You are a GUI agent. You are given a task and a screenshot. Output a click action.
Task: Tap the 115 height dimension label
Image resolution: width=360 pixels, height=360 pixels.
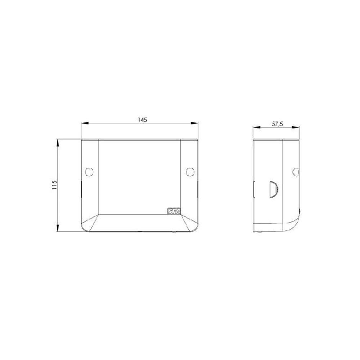tap(54, 185)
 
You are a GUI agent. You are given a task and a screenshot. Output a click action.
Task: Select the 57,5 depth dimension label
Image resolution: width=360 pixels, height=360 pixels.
tap(277, 123)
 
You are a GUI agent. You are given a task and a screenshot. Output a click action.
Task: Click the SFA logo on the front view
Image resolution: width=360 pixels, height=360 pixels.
tap(173, 212)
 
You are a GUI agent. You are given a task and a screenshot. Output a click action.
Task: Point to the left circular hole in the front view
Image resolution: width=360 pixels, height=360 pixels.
tap(89, 172)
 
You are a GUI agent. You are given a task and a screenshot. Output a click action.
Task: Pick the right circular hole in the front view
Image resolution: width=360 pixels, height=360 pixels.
tap(190, 172)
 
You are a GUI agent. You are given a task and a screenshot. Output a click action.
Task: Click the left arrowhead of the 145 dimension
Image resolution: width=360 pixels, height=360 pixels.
tap(83, 123)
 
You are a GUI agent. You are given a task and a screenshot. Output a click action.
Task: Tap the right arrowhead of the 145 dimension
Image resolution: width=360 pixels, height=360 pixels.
tap(196, 123)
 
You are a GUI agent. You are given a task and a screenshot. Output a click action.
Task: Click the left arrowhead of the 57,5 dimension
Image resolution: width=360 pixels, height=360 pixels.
tap(255, 127)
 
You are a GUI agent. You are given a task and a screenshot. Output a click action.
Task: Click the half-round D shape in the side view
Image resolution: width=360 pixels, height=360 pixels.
tap(274, 189)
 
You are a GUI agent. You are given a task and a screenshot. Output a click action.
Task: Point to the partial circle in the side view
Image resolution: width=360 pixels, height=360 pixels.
tap(296, 172)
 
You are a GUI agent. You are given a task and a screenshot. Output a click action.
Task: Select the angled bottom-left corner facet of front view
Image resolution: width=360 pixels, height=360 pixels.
tap(90, 222)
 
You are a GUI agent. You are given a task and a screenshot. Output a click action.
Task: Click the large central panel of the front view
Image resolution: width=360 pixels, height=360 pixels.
tap(139, 176)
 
